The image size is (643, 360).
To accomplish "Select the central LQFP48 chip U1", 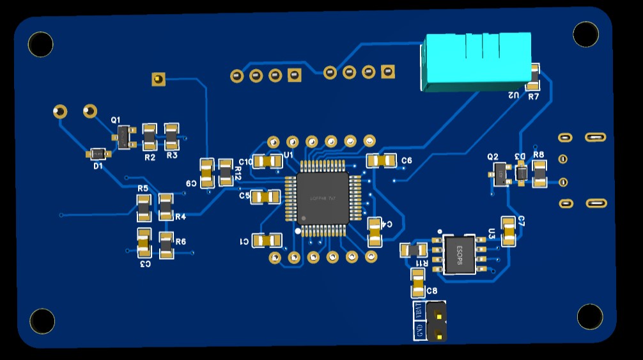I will point(321,198).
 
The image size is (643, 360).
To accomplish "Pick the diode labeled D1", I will point(98,153).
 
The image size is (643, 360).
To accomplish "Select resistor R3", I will point(172,136).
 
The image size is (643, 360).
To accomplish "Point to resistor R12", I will point(226,173).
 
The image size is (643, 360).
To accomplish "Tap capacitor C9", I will point(206,173).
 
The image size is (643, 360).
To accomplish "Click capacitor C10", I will point(267,162).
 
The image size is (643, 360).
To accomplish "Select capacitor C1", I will point(267,240).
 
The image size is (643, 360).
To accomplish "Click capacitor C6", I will point(381,160).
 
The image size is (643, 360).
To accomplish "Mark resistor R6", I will point(166,246).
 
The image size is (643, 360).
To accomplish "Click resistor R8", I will point(539,174).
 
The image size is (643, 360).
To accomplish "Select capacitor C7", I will point(508,231).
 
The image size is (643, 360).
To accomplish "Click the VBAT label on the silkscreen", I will point(419,310).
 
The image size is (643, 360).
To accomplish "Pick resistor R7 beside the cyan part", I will point(534,77).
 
